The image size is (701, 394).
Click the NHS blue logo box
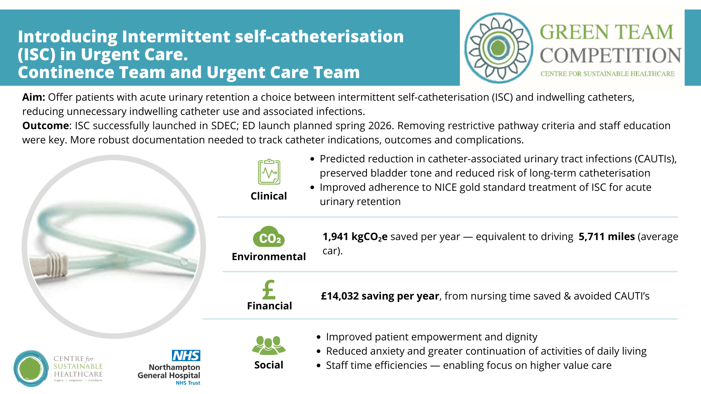186,356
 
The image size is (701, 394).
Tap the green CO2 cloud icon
269,237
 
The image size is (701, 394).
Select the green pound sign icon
269,290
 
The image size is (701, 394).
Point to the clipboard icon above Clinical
269,172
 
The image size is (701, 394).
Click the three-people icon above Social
269,345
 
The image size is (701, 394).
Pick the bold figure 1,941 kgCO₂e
355,237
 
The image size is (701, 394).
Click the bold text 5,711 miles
606,236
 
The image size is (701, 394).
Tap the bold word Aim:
34,97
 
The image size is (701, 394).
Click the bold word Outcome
45,125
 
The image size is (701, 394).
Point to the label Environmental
269,256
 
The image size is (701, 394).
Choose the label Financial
269,306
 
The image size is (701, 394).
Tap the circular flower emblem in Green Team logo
499,48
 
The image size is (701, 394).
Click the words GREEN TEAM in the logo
606,32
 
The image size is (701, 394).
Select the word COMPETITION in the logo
610,55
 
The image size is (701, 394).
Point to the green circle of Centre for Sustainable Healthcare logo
31,368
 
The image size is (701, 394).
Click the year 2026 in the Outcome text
380,125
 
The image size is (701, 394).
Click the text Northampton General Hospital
169,371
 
